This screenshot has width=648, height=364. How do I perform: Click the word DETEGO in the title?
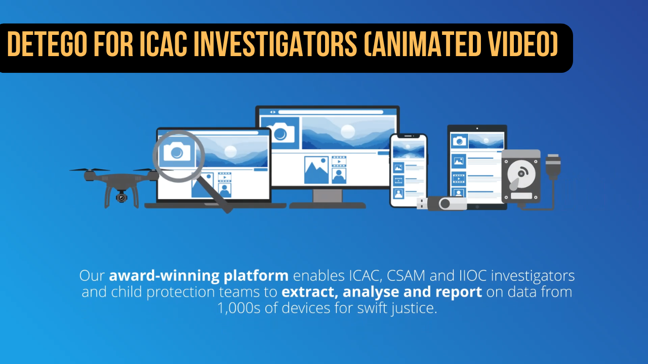(47, 44)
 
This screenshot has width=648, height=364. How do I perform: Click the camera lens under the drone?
(121, 198)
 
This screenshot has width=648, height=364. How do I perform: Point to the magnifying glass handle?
(214, 194)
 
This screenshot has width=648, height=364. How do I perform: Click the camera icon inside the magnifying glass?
(177, 151)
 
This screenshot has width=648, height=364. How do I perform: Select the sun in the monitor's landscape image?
(347, 131)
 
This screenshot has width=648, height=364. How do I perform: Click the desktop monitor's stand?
(328, 199)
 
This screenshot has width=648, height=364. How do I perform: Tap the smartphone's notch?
(409, 136)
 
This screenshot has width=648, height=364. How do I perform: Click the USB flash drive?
(442, 203)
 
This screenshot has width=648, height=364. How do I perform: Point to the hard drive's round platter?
(521, 174)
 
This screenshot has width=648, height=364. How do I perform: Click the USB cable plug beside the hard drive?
(553, 165)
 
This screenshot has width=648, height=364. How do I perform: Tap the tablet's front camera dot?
(477, 128)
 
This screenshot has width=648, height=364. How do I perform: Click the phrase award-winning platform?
(199, 276)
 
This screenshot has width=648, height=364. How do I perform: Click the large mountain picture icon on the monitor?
(316, 170)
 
